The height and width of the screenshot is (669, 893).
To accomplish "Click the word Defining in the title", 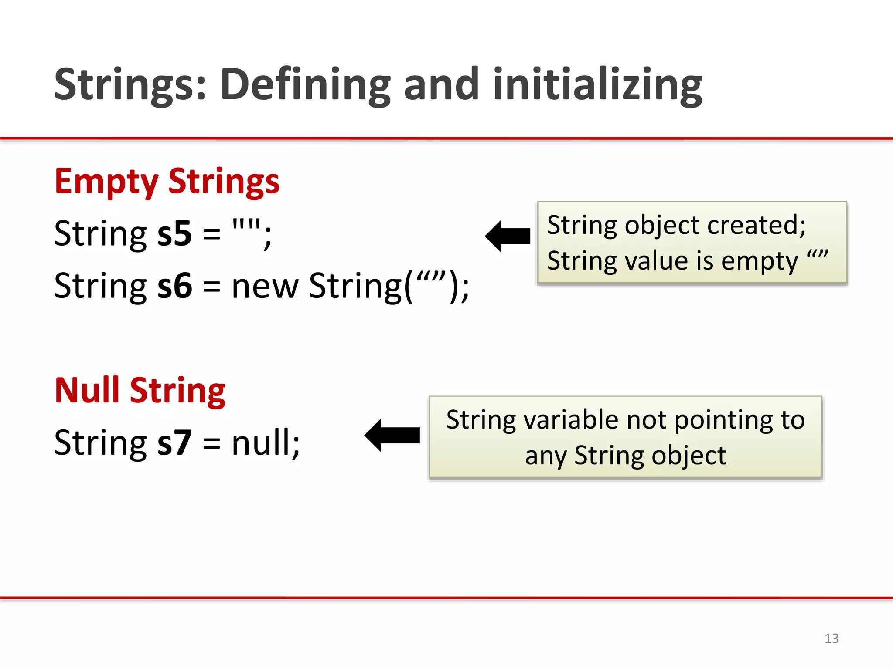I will (x=305, y=85).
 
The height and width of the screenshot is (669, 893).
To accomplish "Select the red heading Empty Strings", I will (x=167, y=182).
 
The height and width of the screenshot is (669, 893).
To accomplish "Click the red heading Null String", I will (x=140, y=391).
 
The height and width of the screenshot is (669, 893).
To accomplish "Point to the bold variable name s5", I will (x=174, y=234).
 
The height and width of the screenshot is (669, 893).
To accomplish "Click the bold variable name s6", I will (x=174, y=286).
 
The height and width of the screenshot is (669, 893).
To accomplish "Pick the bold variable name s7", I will (x=174, y=443).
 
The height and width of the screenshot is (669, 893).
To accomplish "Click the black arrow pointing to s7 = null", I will (x=392, y=435).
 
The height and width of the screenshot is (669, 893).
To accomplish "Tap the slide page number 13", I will (x=831, y=639).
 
